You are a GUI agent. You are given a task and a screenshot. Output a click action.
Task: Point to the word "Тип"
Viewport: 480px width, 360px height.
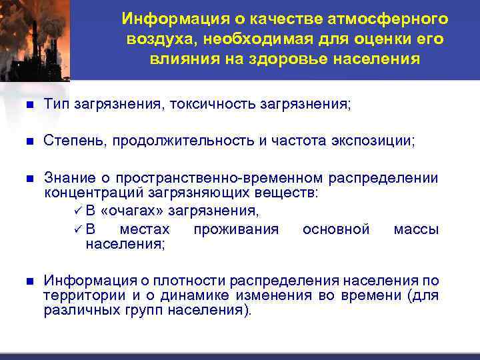click(57, 104)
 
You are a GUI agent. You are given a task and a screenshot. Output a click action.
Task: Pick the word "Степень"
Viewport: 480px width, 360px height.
click(73, 141)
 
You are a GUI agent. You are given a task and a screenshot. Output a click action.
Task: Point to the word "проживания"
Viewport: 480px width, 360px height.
click(236, 229)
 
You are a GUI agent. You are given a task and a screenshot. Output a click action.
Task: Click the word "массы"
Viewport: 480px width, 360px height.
click(416, 229)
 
